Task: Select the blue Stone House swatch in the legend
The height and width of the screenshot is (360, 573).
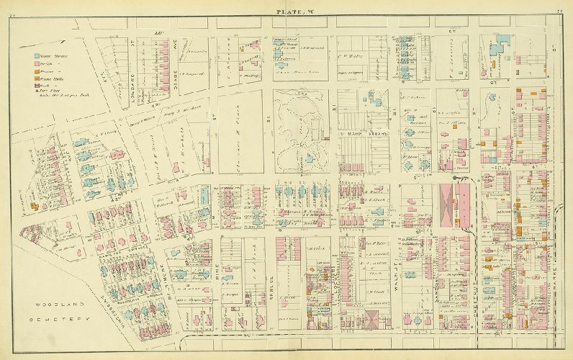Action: click(x=37, y=54)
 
